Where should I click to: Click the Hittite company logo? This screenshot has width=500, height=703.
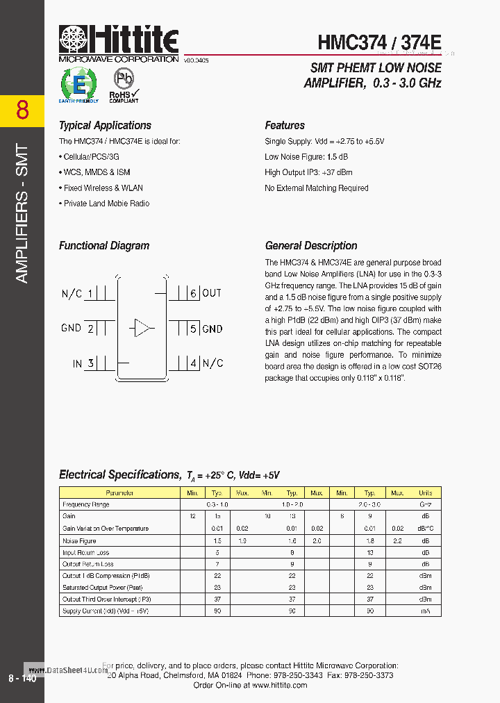tap(119, 42)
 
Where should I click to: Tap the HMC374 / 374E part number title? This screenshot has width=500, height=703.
tap(379, 42)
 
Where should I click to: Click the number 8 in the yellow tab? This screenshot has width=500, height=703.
tap(22, 110)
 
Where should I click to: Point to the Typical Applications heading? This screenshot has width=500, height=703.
tap(105, 126)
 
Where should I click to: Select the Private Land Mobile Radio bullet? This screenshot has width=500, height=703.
tap(106, 204)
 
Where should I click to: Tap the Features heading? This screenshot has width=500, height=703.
tap(285, 126)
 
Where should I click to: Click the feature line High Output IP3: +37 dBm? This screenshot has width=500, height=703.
tap(308, 172)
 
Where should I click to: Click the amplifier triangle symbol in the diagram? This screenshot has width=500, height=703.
tap(142, 328)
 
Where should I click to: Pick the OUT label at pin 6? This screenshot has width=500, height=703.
tap(212, 293)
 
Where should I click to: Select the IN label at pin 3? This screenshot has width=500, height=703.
tap(77, 363)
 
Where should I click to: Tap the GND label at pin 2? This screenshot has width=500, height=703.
tap(72, 328)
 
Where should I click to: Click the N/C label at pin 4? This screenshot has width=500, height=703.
tap(212, 363)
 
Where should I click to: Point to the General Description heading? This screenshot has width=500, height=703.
tap(311, 246)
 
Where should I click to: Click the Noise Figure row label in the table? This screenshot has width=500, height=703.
tap(79, 540)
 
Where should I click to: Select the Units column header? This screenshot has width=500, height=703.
tap(425, 493)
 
